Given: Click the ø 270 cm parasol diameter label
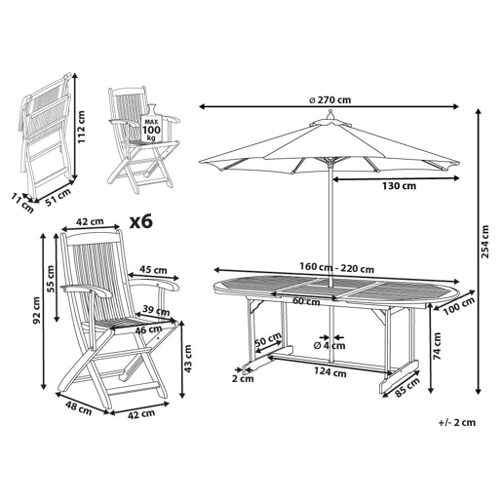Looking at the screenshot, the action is (x=329, y=99).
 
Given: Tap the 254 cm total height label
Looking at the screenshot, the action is (x=484, y=242).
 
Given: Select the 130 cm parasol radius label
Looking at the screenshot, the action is (x=399, y=186).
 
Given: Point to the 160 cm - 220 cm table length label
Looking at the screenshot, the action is (x=336, y=268).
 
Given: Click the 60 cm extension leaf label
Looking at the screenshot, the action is (x=306, y=301).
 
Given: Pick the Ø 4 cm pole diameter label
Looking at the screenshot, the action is (x=329, y=345).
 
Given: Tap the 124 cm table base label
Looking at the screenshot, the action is (x=329, y=372).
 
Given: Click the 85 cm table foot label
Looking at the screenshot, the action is (x=407, y=387).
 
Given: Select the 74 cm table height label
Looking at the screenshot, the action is (x=438, y=346).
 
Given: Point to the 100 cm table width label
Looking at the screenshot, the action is (x=459, y=306).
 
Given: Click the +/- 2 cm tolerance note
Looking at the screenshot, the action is (x=457, y=422).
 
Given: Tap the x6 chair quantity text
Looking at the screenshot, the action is (x=141, y=222).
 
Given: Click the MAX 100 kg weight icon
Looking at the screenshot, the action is (x=152, y=125).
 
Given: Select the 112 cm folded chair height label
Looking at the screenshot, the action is (x=81, y=127).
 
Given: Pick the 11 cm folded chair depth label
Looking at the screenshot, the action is (x=22, y=203).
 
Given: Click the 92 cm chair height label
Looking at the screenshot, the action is (x=36, y=310).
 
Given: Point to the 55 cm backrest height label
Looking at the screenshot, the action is (x=51, y=279).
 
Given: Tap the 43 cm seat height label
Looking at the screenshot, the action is (x=188, y=359).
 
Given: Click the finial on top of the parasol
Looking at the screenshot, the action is (x=330, y=114).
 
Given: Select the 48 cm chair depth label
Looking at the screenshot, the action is (x=79, y=408).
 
